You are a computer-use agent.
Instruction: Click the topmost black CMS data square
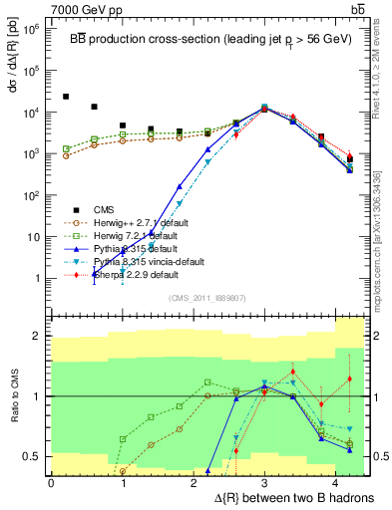(66, 97)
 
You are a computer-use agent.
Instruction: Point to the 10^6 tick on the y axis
(34, 29)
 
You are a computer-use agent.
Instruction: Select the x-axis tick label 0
(51, 483)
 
